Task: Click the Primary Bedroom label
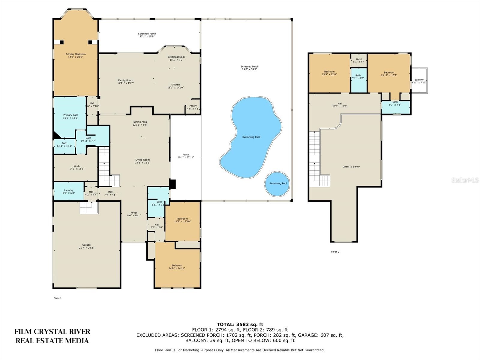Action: pyautogui.click(x=76, y=54)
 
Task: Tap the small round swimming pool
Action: pyautogui.click(x=277, y=184)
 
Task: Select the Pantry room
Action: pyautogui.click(x=193, y=107)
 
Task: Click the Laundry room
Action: pyautogui.click(x=69, y=191)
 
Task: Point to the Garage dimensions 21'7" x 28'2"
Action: pyautogui.click(x=86, y=248)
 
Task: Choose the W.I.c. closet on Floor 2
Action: pyautogui.click(x=359, y=60)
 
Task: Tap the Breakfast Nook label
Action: pyautogui.click(x=176, y=57)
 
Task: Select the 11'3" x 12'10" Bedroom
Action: pyautogui.click(x=182, y=220)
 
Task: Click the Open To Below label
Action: pyautogui.click(x=351, y=166)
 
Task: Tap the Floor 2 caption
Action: pyautogui.click(x=335, y=252)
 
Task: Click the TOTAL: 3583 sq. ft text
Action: pyautogui.click(x=240, y=324)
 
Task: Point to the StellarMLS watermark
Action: pyautogui.click(x=465, y=180)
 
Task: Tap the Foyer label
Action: pyautogui.click(x=134, y=213)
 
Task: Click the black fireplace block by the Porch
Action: pyautogui.click(x=172, y=184)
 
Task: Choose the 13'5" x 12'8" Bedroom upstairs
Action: pyautogui.click(x=329, y=73)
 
